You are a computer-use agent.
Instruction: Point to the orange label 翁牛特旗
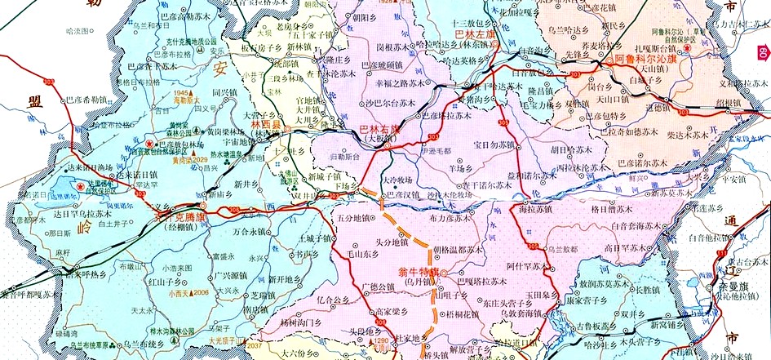[419, 271]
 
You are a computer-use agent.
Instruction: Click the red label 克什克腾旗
[180, 219]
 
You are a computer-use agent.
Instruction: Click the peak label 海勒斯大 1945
[187, 96]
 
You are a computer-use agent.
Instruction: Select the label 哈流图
[74, 31]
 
